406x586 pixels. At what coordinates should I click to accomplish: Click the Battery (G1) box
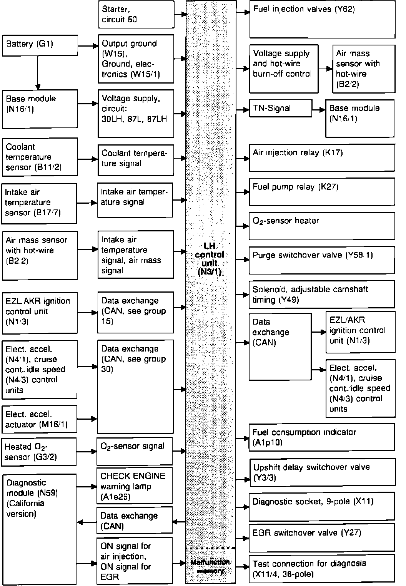pyautogui.click(x=40, y=45)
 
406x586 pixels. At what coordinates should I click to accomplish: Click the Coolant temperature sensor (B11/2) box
pyautogui.click(x=40, y=157)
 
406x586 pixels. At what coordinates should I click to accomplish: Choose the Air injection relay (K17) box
pyautogui.click(x=322, y=157)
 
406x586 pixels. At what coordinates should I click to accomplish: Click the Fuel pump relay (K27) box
pyautogui.click(x=322, y=191)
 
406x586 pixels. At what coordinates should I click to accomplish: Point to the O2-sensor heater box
pyautogui.click(x=322, y=225)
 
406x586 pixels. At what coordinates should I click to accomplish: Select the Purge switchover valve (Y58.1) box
pyautogui.click(x=322, y=260)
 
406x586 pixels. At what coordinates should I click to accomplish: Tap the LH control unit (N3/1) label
pyautogui.click(x=210, y=259)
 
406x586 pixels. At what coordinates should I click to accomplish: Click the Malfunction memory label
pyautogui.click(x=210, y=566)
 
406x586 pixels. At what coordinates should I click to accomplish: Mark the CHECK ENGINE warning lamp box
pyautogui.click(x=134, y=486)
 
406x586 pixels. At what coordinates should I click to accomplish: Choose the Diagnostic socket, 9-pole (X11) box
pyautogui.click(x=322, y=507)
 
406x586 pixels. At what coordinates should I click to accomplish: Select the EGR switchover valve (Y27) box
pyautogui.click(x=322, y=537)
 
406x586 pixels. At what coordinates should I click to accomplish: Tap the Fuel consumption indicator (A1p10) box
pyautogui.click(x=322, y=437)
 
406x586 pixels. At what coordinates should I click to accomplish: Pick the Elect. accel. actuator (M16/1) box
pyautogui.click(x=39, y=419)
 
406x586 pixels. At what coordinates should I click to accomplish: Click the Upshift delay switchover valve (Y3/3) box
pyautogui.click(x=322, y=472)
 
